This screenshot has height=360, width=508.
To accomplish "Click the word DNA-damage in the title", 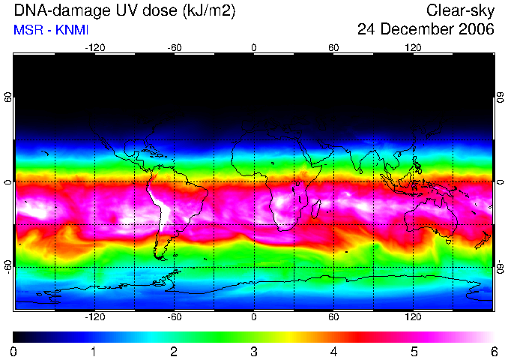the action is pos(58,10).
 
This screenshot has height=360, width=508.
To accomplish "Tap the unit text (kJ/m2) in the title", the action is pos(209,11).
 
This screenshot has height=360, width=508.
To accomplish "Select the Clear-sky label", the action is pos(460,11).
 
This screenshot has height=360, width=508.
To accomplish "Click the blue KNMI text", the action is pos(72,30).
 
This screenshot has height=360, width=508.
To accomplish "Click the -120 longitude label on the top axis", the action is pos(95,48).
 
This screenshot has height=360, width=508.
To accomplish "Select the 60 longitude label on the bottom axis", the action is pos(333,316).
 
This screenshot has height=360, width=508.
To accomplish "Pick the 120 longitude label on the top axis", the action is pos(413,48).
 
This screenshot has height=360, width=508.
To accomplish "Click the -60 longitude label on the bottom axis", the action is pos(175,316).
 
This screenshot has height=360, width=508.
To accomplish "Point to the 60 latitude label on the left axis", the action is pos(8,97).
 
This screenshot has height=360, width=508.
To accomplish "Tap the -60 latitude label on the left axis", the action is pos(8,266).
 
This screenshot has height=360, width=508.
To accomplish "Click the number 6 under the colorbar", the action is pos(494,352).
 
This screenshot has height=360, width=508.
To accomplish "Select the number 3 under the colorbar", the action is pos(254,352).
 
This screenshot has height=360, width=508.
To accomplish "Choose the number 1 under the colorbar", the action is pos(94,352).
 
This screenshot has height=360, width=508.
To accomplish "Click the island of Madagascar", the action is pos(316,208).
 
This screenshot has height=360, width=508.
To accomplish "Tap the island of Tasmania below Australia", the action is pos(449,241).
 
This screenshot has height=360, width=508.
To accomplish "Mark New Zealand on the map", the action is pos(483,240).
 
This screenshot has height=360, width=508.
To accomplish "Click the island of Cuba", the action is pos(153,153).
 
